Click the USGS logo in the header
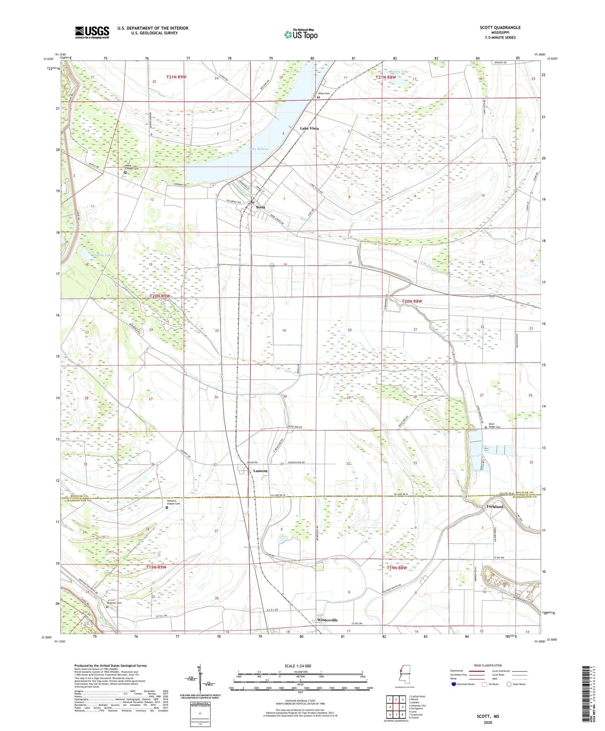92,32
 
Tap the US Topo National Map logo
300,34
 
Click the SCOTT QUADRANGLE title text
500,28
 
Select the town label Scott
260,207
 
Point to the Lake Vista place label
309,128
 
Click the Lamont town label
260,471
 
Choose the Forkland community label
495,507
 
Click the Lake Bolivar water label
259,149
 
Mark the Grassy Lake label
103,255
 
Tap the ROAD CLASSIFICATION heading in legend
488,665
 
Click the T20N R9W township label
160,296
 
